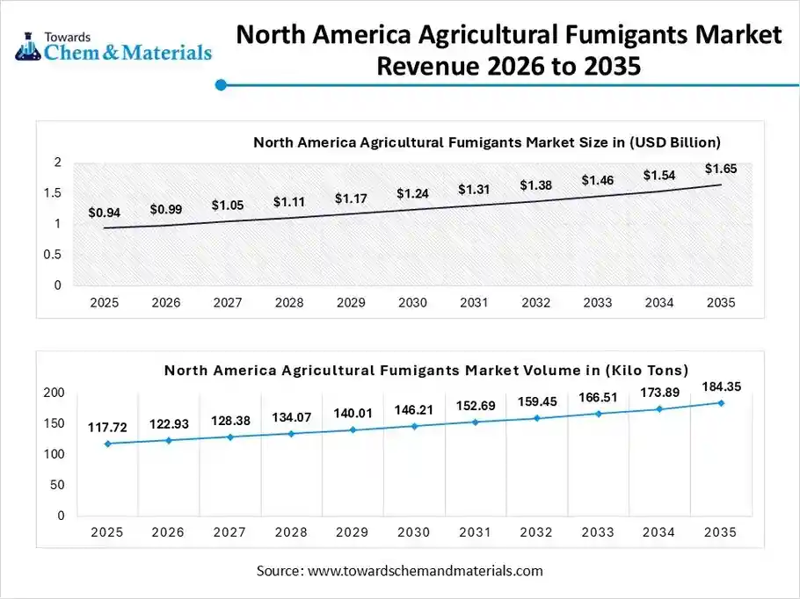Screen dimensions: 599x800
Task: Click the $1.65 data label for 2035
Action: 721,169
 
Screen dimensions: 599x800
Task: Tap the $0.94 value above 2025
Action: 104,213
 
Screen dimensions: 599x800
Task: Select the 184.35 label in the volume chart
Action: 721,386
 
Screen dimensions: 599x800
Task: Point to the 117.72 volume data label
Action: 107,428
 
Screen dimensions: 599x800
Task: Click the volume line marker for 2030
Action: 415,426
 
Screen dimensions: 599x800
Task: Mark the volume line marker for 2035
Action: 721,403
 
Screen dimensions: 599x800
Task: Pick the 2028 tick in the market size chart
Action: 289,303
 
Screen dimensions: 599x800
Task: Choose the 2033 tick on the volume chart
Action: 597,533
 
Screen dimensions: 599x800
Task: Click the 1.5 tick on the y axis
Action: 56,193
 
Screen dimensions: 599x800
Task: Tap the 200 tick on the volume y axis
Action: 55,393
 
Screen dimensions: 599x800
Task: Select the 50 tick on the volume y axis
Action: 58,485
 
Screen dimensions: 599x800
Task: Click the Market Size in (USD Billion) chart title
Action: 487,141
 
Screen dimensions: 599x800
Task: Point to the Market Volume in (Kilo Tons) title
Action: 426,370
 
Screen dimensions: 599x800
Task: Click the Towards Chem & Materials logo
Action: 113,46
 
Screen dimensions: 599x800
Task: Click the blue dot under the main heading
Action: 222,85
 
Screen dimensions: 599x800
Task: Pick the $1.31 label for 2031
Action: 474,190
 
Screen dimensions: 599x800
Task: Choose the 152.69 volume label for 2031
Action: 476,406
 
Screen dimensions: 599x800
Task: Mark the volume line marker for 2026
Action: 169,440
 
